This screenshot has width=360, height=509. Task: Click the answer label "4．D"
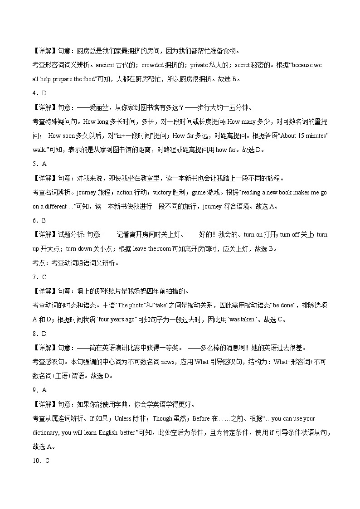click(x=39, y=93)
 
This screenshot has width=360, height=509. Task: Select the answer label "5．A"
click(x=39, y=164)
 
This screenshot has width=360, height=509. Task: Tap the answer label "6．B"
click(x=39, y=220)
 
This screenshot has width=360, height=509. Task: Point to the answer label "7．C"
click(x=39, y=277)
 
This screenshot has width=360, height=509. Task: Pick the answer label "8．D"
click(x=39, y=334)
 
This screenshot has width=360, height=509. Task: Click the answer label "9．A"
click(x=39, y=390)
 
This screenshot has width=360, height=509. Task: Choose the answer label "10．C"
click(x=41, y=461)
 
